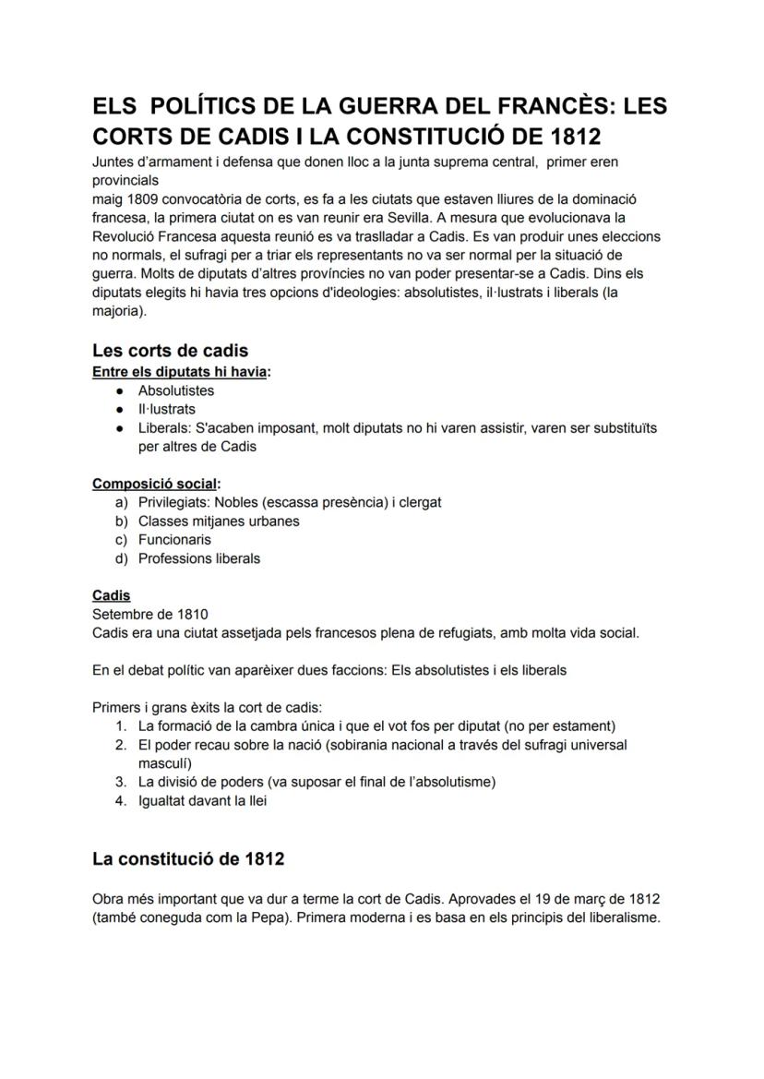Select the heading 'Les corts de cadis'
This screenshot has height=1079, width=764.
click(170, 351)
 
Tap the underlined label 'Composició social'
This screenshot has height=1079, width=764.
click(154, 484)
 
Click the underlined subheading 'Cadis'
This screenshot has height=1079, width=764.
click(111, 595)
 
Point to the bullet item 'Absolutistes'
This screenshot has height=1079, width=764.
click(176, 390)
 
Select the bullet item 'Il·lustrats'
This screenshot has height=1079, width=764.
click(167, 409)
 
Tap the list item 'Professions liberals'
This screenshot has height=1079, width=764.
click(199, 558)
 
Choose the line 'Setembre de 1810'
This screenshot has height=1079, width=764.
click(150, 614)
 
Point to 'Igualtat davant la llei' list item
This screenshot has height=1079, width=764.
click(202, 801)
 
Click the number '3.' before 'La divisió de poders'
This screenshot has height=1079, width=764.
click(121, 782)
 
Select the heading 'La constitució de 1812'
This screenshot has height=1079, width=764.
click(188, 859)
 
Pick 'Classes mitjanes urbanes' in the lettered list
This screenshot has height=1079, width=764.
click(219, 522)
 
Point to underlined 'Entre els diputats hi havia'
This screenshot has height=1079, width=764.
click(181, 372)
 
